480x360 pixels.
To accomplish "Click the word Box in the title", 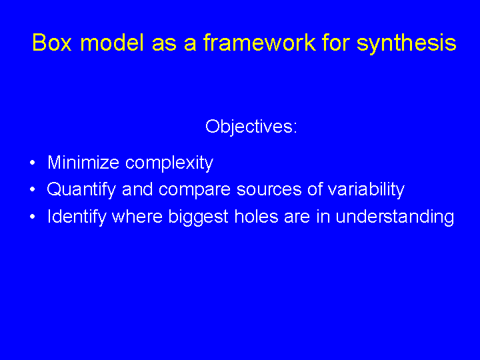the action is (x=52, y=43).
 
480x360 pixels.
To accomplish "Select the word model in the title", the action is (x=112, y=42).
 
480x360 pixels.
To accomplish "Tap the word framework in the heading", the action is (x=259, y=42).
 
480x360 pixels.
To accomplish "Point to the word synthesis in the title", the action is (x=407, y=43).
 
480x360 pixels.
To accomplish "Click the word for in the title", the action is (x=335, y=42).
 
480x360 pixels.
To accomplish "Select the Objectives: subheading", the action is (x=251, y=127).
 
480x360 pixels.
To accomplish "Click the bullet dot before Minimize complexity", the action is (x=33, y=163).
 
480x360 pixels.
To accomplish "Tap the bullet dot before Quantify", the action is (x=33, y=189).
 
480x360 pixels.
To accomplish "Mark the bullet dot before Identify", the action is (x=33, y=217).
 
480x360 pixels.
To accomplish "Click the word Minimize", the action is (x=83, y=162).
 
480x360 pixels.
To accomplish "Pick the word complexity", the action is (x=169, y=163).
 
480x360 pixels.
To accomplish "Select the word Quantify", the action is (x=81, y=190).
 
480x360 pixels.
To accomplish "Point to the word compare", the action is (x=195, y=191).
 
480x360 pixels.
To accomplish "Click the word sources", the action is (x=269, y=191).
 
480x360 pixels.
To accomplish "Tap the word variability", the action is (x=366, y=190).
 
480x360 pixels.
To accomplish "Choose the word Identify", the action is (x=77, y=217).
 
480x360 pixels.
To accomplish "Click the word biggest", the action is (x=199, y=217).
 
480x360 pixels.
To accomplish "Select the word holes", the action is (x=257, y=217).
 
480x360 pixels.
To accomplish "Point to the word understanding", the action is (x=395, y=217).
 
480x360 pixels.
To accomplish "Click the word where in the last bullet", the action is (x=137, y=217).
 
